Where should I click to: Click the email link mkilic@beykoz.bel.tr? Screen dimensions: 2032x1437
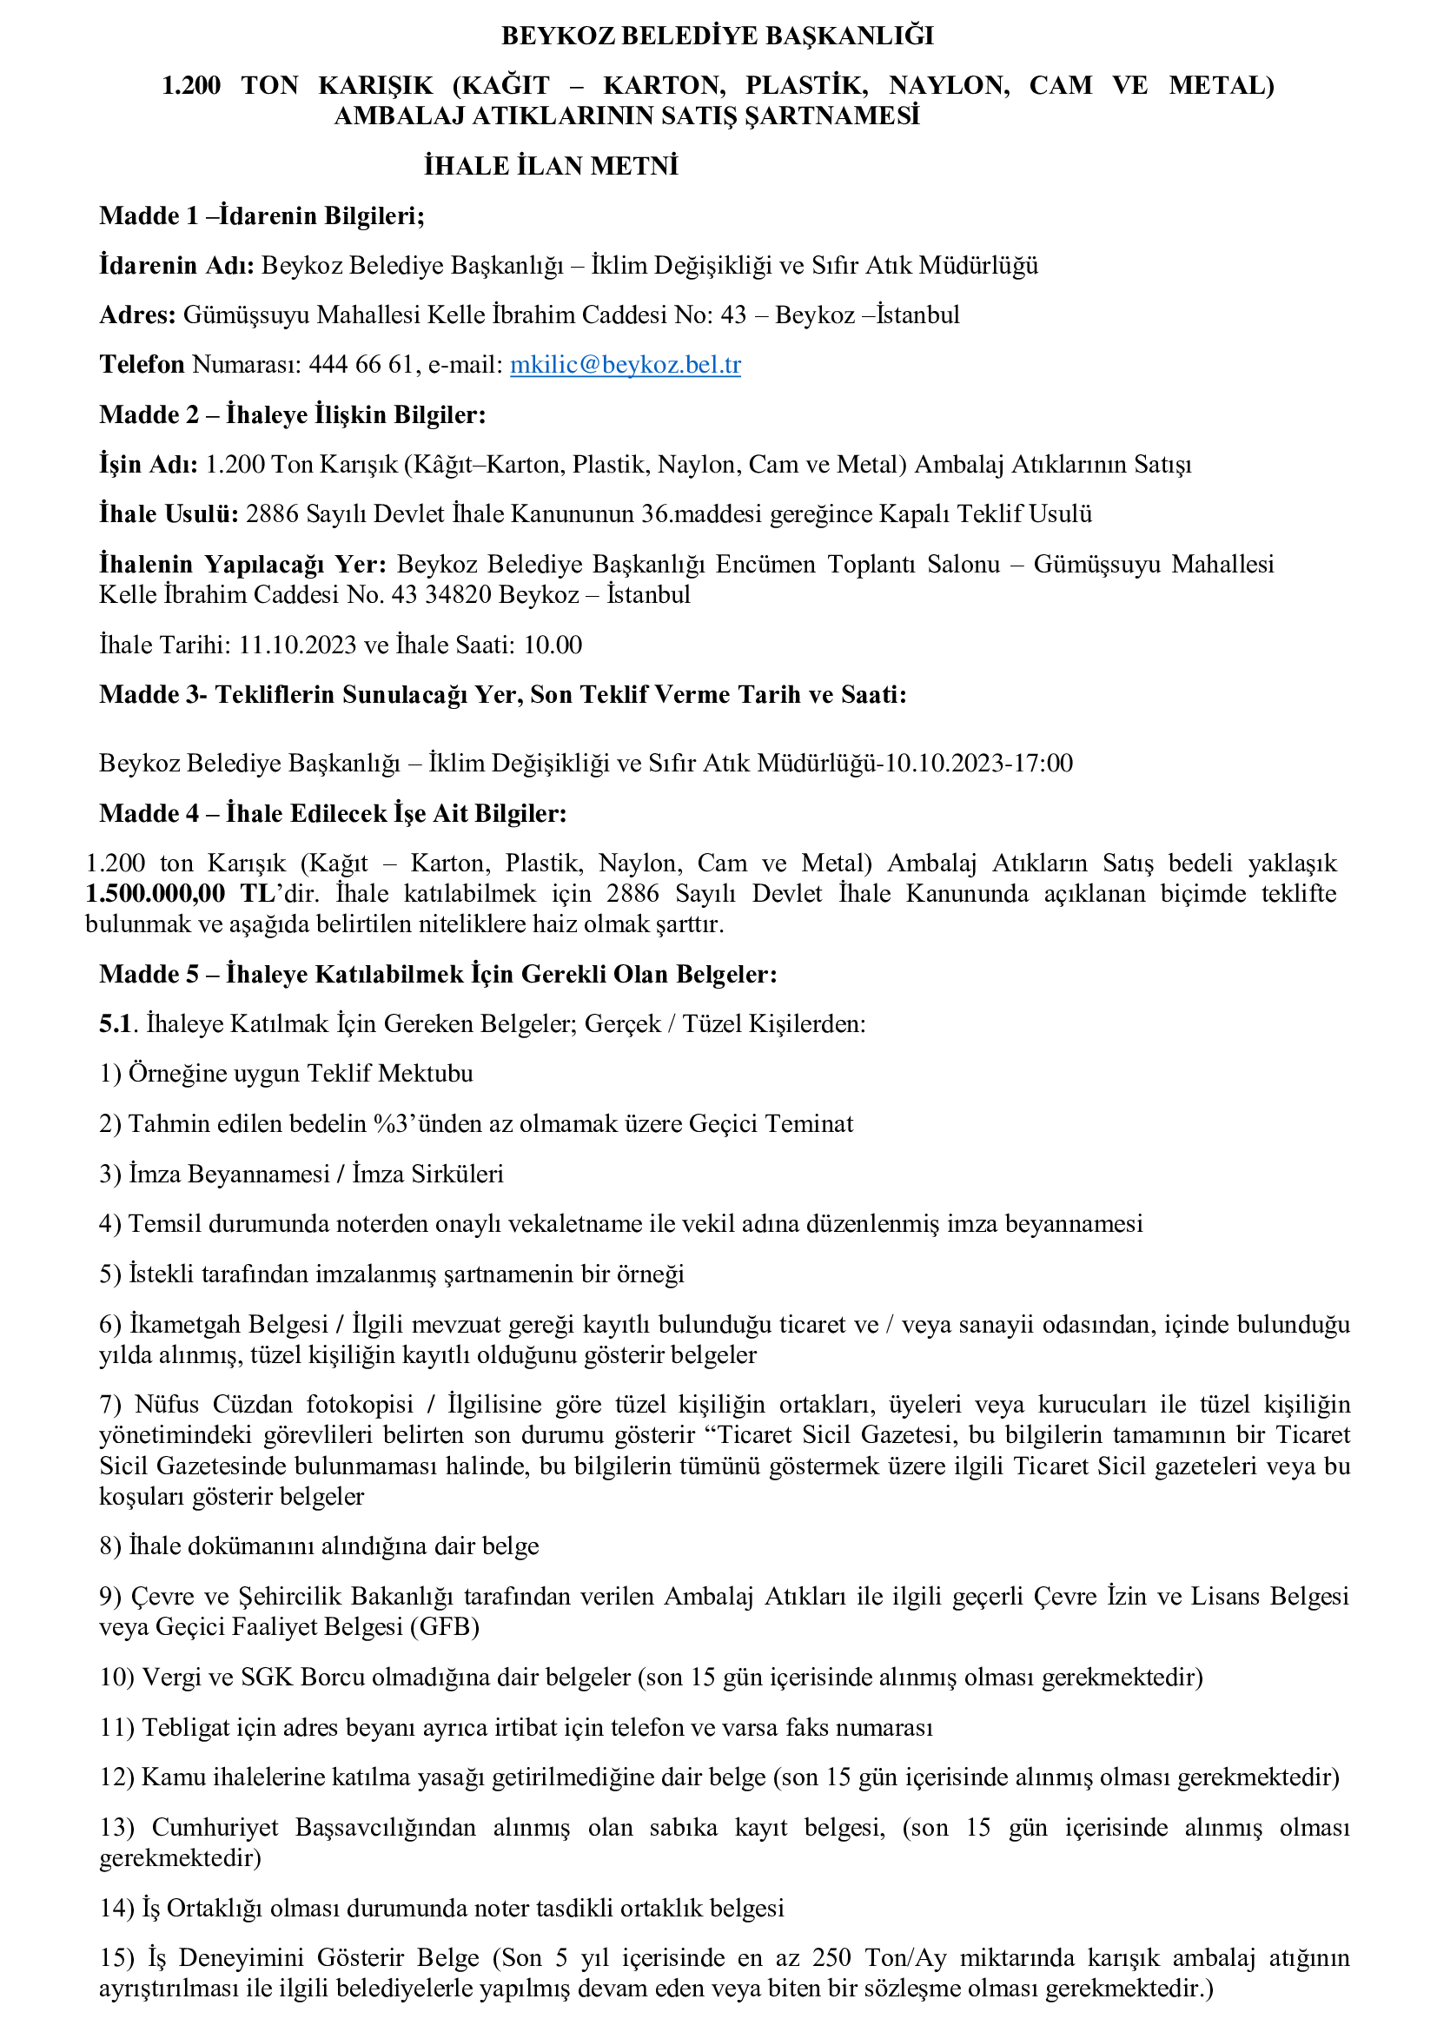tap(625, 365)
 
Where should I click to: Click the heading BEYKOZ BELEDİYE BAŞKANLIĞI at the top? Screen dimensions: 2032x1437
tap(718, 36)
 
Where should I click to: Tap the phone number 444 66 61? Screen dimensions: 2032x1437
tap(361, 365)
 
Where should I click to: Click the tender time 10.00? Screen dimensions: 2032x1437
tap(553, 645)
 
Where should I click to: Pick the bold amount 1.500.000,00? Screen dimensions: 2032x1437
tap(155, 894)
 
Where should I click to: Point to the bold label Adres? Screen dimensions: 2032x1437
tap(138, 315)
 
